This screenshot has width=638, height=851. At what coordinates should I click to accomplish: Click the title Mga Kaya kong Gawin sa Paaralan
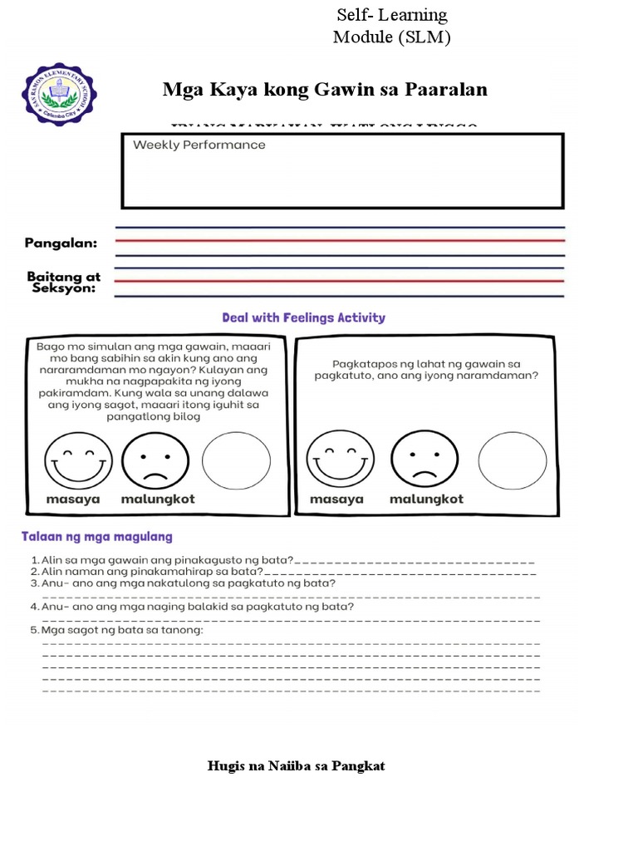[x=325, y=90]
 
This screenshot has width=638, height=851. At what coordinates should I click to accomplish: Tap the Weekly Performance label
[x=199, y=145]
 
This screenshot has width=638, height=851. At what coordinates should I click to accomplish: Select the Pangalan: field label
[x=61, y=243]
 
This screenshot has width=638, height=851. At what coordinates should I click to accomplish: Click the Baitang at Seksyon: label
[x=61, y=282]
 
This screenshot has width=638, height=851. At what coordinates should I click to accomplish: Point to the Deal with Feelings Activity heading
[x=303, y=317]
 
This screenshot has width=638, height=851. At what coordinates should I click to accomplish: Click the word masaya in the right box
[x=336, y=499]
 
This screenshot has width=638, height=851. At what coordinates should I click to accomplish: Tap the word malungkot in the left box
[x=158, y=499]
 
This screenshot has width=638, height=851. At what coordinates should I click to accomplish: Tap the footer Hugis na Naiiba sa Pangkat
[x=296, y=765]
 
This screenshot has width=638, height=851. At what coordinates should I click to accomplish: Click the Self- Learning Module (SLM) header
[x=391, y=27]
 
